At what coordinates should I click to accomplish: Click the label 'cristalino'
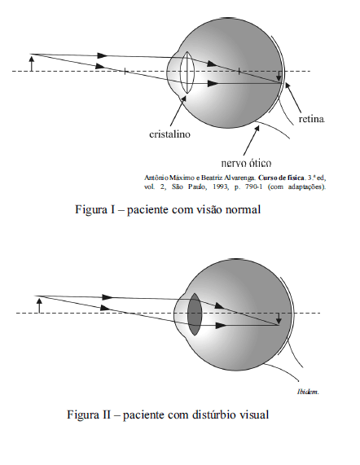point(169,134)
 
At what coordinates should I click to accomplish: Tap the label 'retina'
point(312,119)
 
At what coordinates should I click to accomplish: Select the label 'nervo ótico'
point(246,163)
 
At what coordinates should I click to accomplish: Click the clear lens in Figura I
point(187,72)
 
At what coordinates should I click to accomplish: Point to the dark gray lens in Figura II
point(195,314)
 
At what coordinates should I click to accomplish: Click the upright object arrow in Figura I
point(32,63)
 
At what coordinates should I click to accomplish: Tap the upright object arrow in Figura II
point(39,305)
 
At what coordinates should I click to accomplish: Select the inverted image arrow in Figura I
point(279,77)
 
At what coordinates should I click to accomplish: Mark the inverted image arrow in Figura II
point(279,318)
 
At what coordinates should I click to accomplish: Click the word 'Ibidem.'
point(308,392)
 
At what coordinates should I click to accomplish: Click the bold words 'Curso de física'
point(281,178)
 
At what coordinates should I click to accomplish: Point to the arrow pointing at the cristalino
point(178,110)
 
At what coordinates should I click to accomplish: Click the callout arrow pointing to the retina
point(293,98)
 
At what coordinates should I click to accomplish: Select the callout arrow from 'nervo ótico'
point(251,140)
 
